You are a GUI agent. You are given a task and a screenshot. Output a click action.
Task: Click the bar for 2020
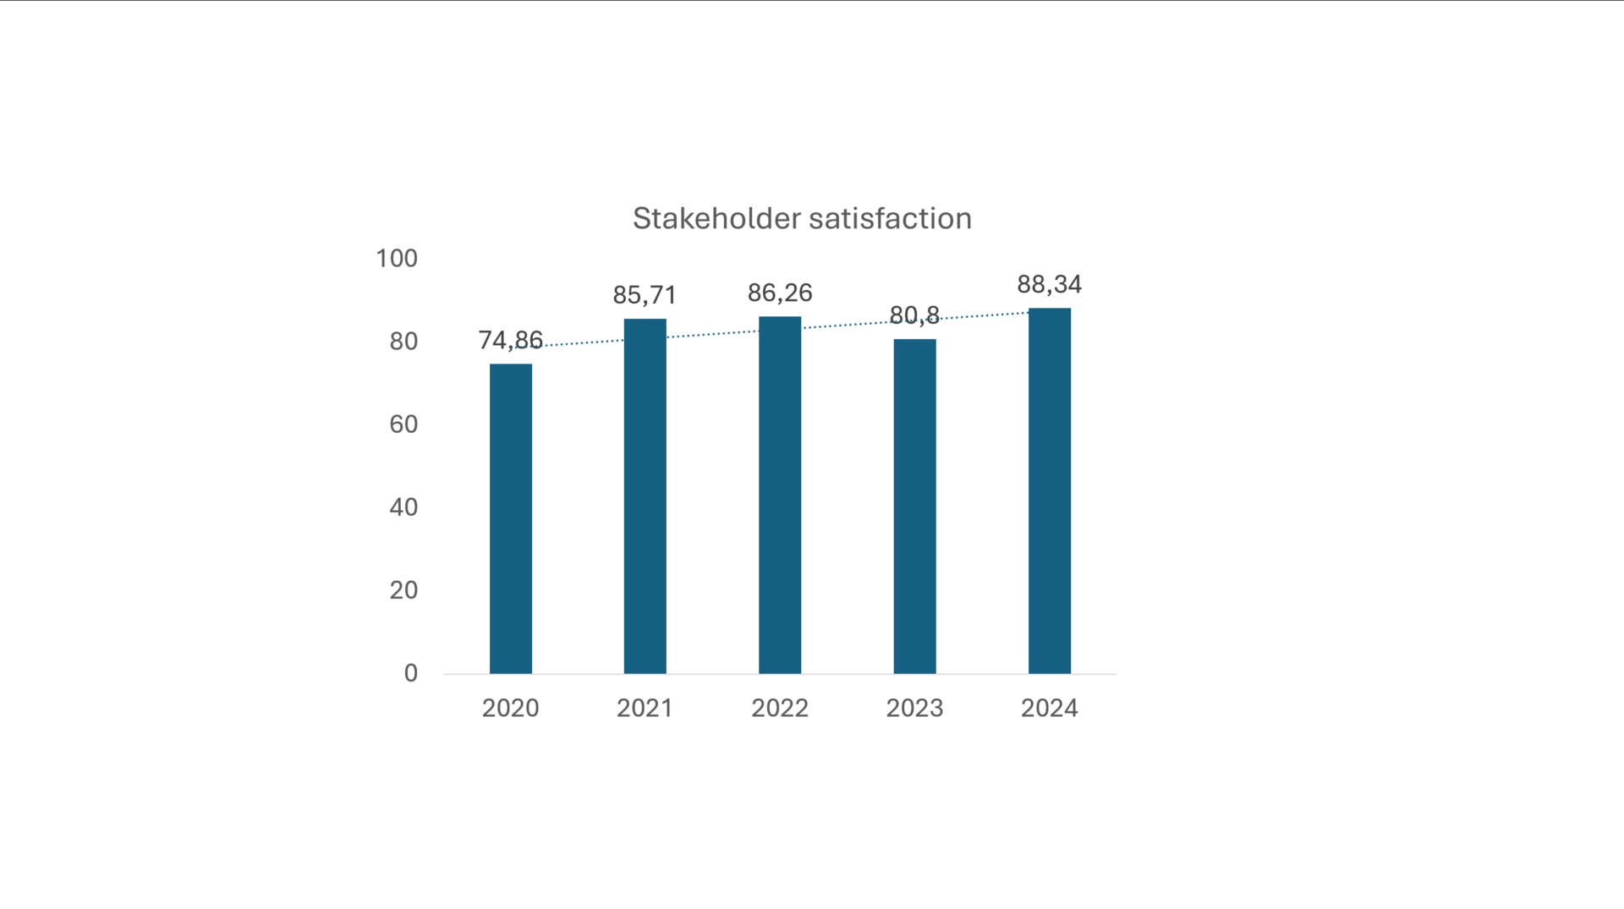pos(510,518)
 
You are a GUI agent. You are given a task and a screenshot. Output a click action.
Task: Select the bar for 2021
pos(645,496)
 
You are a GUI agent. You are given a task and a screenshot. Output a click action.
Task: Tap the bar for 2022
pos(779,495)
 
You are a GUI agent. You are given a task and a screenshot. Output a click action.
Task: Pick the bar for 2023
pos(914,506)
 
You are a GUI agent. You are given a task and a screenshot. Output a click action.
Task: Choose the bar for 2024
pos(1049,490)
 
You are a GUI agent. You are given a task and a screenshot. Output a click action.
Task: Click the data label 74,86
pos(510,340)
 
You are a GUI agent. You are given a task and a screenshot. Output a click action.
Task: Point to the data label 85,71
pos(645,295)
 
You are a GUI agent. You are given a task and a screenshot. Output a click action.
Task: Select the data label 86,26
pos(779,293)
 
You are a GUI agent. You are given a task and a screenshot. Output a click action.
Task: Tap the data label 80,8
pos(914,315)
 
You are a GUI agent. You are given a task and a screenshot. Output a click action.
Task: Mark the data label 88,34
pos(1049,284)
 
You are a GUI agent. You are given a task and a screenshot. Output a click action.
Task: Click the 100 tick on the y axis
pos(397,258)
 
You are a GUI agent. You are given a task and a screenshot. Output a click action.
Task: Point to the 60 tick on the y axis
pos(403,424)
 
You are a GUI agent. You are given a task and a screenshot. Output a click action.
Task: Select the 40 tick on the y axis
pos(403,507)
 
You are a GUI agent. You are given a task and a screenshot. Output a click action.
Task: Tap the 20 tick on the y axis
pos(403,589)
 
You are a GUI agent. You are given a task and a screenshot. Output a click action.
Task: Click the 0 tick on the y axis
pos(410,672)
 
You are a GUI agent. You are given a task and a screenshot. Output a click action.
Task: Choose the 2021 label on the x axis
pos(645,708)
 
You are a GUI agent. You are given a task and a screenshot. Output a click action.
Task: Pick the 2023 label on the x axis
pos(914,708)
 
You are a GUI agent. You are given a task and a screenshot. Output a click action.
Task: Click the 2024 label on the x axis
pos(1049,708)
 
